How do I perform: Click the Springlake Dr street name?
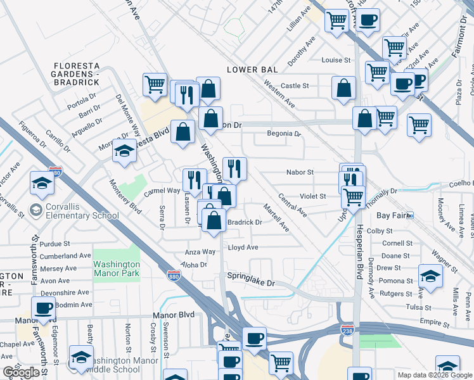252,282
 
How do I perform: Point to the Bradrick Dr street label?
245,222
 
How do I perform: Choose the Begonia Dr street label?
283,134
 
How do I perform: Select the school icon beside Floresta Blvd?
125,151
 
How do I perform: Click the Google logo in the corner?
21,372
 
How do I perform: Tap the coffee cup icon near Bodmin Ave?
43,308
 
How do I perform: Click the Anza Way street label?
200,251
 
